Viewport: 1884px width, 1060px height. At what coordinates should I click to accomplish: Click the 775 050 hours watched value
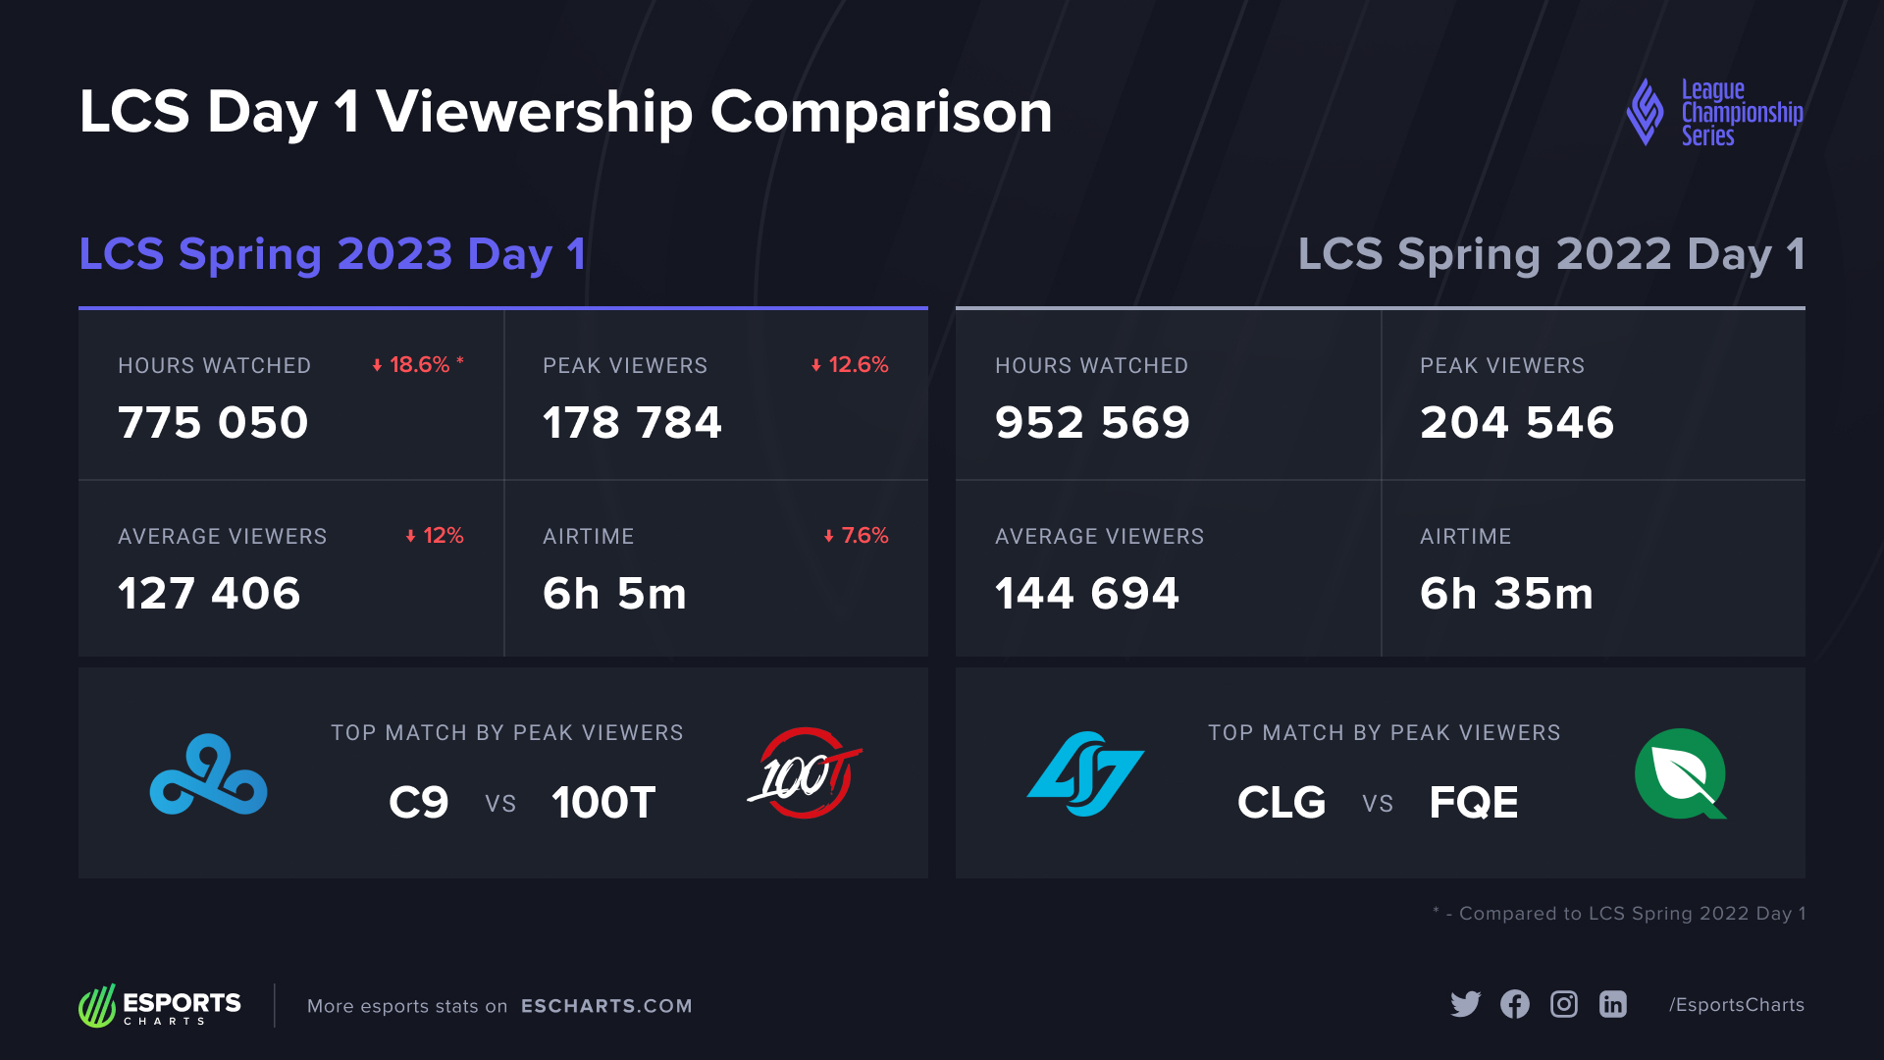pyautogui.click(x=213, y=423)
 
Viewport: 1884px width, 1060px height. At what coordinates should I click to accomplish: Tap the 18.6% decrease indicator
pyautogui.click(x=417, y=365)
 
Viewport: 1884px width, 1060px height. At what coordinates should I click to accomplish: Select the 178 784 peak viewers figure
pyautogui.click(x=632, y=423)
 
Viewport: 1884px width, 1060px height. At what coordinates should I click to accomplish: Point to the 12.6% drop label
pyautogui.click(x=850, y=365)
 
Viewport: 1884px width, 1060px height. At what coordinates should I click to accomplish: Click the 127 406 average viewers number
pyautogui.click(x=209, y=594)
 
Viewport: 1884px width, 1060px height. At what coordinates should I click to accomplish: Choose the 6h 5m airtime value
pyautogui.click(x=614, y=594)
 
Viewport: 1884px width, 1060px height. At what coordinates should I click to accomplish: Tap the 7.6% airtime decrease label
pyautogui.click(x=857, y=536)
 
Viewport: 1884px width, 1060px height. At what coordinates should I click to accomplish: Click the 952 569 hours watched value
pyautogui.click(x=1092, y=423)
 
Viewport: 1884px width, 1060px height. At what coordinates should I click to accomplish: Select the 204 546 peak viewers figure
pyautogui.click(x=1516, y=423)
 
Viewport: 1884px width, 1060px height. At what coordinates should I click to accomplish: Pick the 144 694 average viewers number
pyautogui.click(x=1086, y=594)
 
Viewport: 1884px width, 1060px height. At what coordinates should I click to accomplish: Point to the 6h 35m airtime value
pyautogui.click(x=1506, y=594)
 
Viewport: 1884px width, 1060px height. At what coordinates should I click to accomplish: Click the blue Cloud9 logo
pyautogui.click(x=208, y=774)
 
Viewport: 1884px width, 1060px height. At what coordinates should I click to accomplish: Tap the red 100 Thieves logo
pyautogui.click(x=805, y=774)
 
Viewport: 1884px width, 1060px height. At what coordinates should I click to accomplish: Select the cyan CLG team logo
pyautogui.click(x=1085, y=774)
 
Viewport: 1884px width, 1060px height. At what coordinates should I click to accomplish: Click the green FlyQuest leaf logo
pyautogui.click(x=1680, y=774)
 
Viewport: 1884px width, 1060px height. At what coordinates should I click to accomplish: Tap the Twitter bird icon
pyautogui.click(x=1465, y=1004)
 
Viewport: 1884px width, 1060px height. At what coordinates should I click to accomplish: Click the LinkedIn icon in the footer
pyautogui.click(x=1612, y=1004)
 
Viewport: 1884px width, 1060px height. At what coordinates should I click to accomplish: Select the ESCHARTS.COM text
pyautogui.click(x=606, y=1006)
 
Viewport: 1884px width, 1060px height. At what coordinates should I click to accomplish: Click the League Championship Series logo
pyautogui.click(x=1714, y=113)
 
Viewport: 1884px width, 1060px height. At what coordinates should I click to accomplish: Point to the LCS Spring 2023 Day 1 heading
pyautogui.click(x=333, y=254)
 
